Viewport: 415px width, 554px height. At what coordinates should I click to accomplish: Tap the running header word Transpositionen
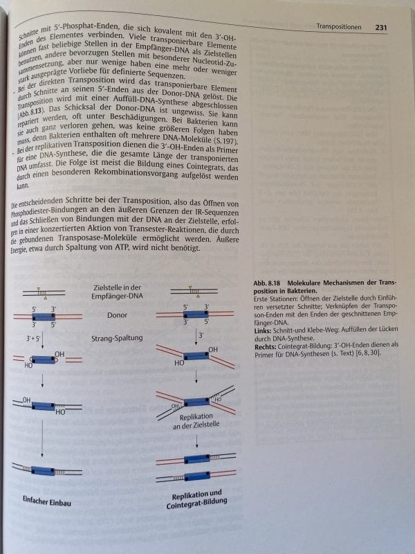point(339,27)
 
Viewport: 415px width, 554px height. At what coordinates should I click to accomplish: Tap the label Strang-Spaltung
point(116,339)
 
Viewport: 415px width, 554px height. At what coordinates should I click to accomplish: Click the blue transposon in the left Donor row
point(44,316)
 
